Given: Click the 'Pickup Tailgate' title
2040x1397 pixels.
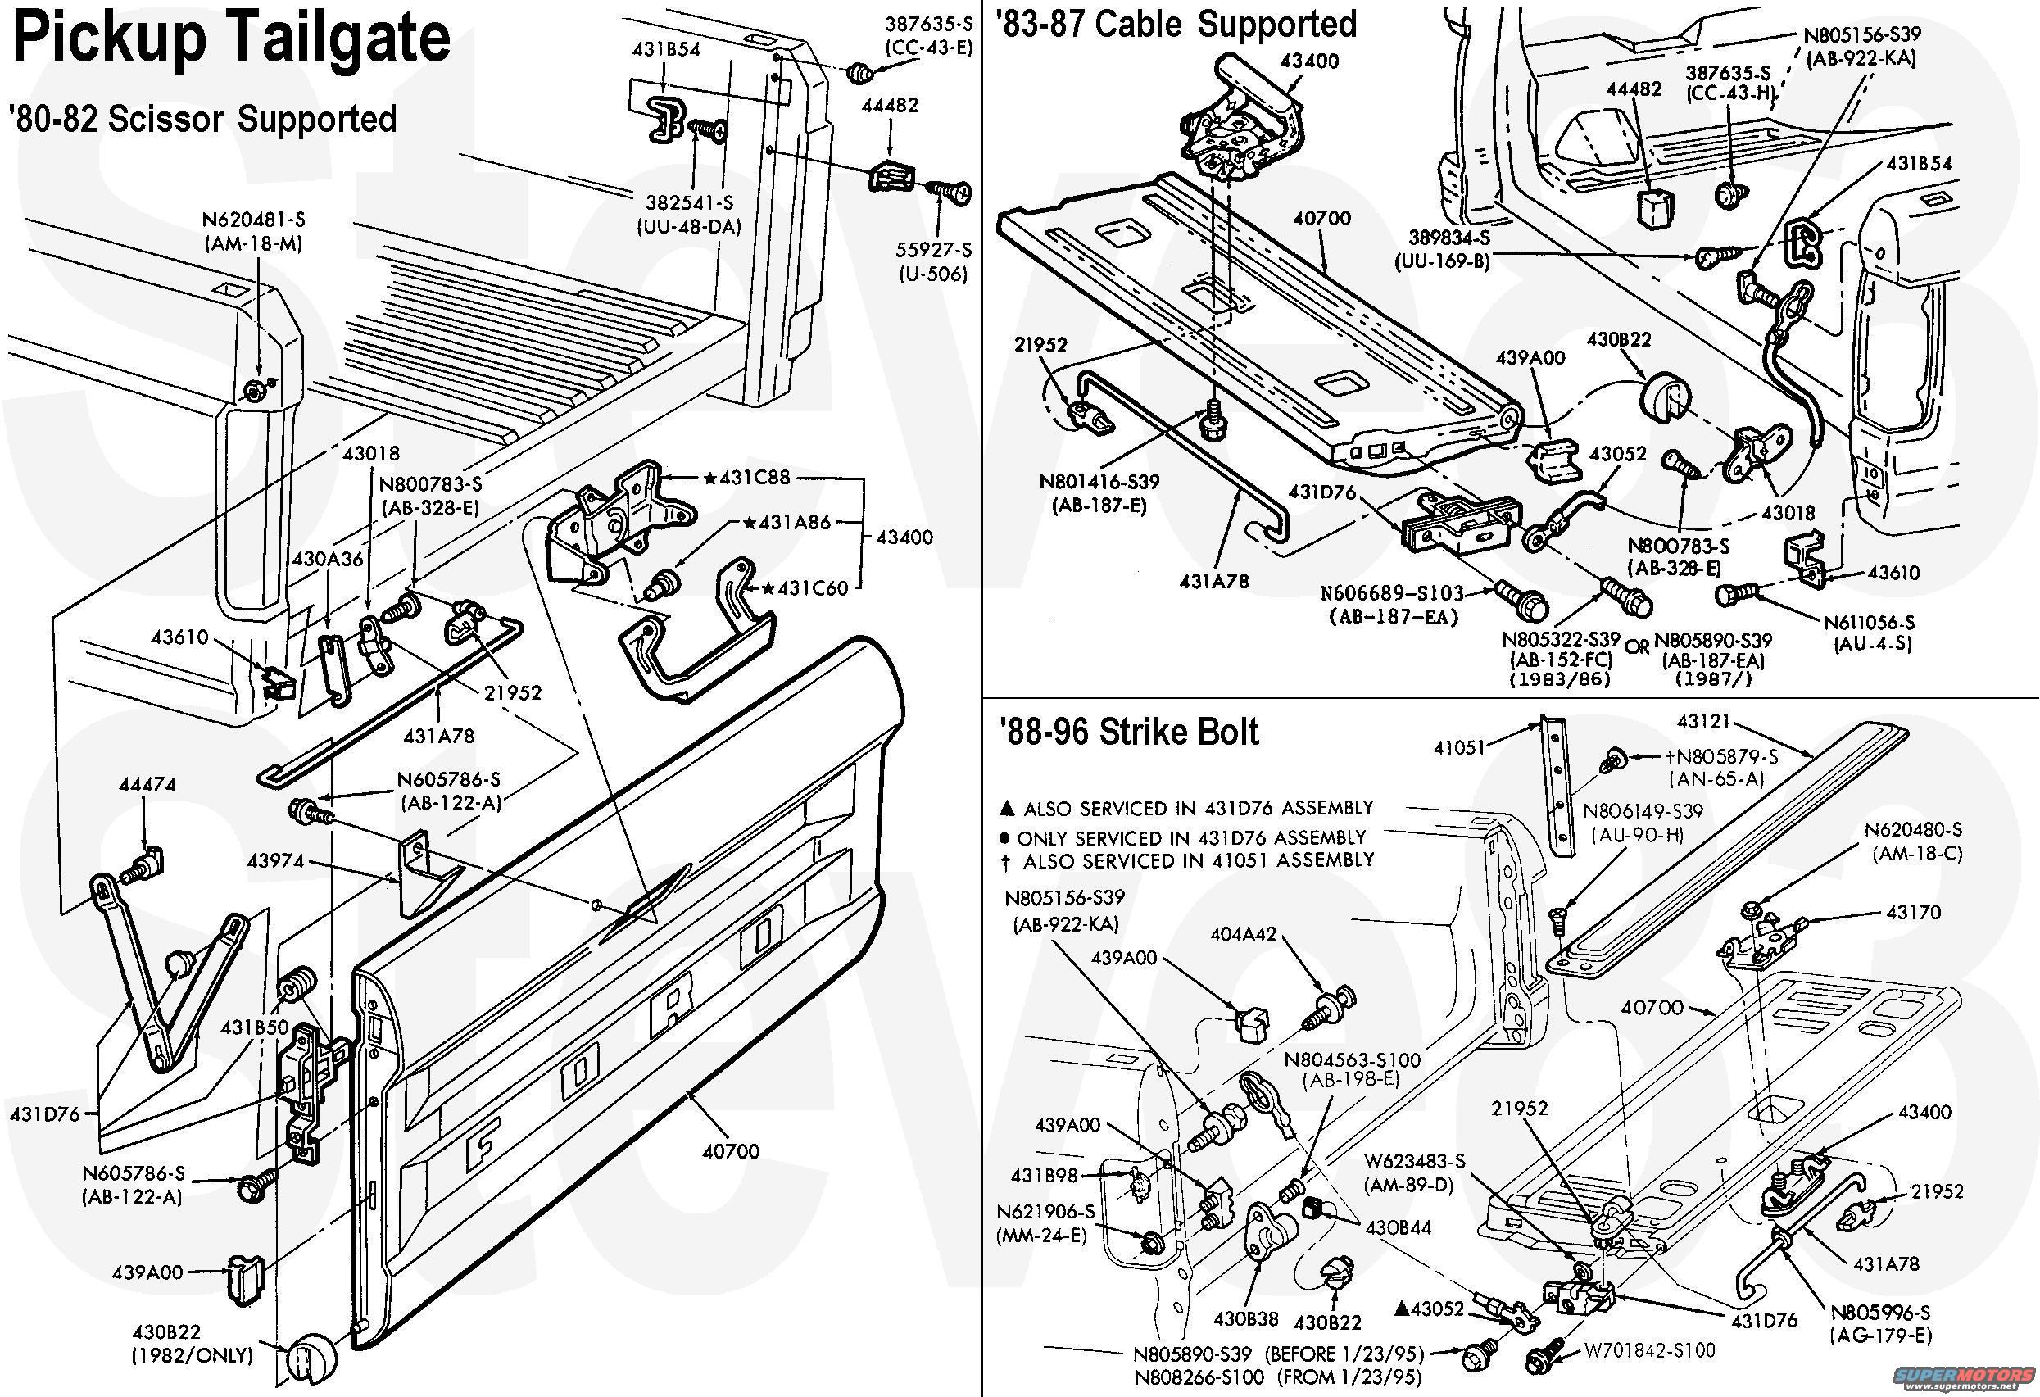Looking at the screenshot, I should pyautogui.click(x=232, y=39).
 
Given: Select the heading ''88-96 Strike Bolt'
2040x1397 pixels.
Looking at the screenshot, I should pyautogui.click(x=1129, y=733).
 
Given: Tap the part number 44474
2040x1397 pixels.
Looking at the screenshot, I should pyautogui.click(x=147, y=784).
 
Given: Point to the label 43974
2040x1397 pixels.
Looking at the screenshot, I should pyautogui.click(x=275, y=860).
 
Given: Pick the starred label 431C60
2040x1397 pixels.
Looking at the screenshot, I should pyautogui.click(x=807, y=587).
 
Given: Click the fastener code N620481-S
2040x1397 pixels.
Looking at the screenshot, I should pyautogui.click(x=254, y=220).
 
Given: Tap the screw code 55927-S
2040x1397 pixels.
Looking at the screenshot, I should pyautogui.click(x=932, y=250).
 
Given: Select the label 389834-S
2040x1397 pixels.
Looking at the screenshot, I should pyautogui.click(x=1449, y=238).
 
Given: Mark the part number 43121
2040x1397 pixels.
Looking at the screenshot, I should pyautogui.click(x=1703, y=722).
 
